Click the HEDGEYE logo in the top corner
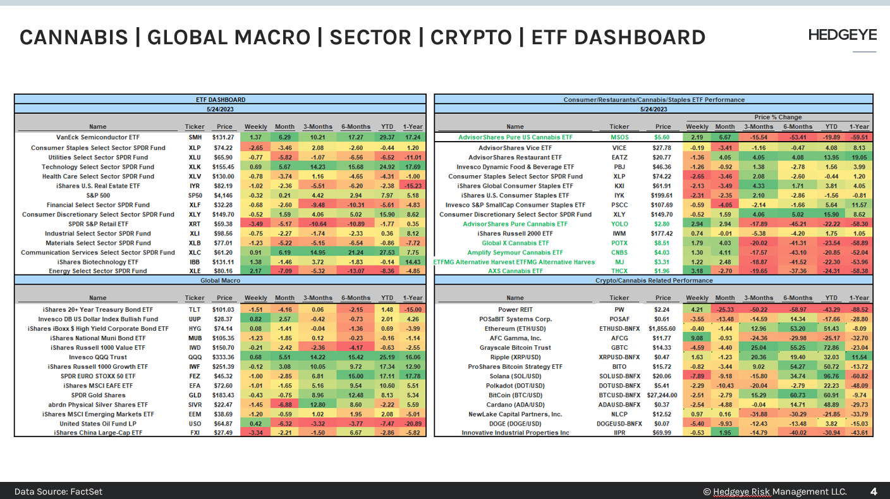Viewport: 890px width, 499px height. tap(843, 35)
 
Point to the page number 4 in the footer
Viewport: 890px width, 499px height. tap(874, 491)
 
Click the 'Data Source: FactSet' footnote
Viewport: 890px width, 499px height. tap(58, 491)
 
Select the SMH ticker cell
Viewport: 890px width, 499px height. tap(195, 137)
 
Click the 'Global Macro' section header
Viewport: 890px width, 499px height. tap(219, 280)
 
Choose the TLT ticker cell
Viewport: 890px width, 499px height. tap(195, 310)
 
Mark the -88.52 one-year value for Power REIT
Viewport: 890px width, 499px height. tap(858, 310)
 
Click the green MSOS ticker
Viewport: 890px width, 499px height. tap(619, 137)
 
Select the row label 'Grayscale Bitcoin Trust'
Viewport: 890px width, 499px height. tap(515, 348)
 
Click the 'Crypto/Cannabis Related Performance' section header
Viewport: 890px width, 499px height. tap(654, 280)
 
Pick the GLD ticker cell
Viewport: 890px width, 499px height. tap(195, 395)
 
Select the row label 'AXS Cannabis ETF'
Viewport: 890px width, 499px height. tap(515, 271)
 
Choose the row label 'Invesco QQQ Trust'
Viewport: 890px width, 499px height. tap(98, 357)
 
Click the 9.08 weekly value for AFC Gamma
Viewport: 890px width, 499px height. tap(697, 338)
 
